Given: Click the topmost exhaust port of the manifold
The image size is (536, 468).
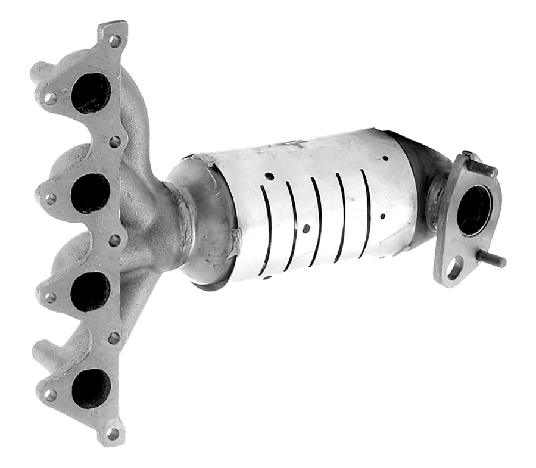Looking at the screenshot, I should (x=91, y=93).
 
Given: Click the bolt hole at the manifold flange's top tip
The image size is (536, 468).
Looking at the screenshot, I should (x=115, y=40).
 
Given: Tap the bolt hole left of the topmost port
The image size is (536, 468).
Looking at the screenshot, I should (x=51, y=98).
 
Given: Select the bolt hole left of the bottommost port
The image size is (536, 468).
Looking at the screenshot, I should (x=50, y=394).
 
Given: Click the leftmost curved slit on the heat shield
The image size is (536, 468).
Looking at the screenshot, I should (x=265, y=229).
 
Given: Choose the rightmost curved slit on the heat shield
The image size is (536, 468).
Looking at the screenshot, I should (x=365, y=204).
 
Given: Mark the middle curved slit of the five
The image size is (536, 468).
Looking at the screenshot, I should (x=316, y=220).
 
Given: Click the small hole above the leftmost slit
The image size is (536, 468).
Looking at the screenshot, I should (x=269, y=177).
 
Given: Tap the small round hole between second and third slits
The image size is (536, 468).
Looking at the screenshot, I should (x=306, y=228).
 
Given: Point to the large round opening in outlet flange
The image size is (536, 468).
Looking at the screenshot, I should (x=474, y=210).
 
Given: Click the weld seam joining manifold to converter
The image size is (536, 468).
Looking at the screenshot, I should (x=185, y=220).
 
